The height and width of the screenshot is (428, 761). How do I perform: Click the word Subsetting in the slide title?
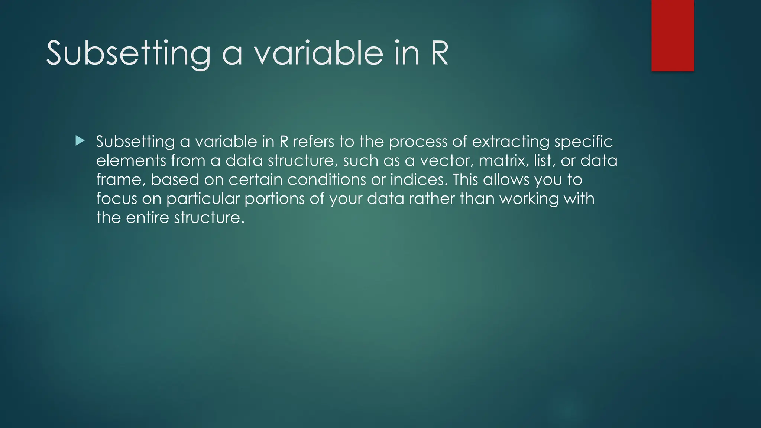[129, 54]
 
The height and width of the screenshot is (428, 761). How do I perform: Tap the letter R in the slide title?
[440, 54]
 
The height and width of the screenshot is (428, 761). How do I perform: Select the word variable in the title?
[318, 54]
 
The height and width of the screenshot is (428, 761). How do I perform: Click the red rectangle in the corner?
[673, 35]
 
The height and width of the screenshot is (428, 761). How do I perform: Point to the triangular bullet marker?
[80, 140]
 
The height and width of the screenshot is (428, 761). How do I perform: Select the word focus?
[117, 199]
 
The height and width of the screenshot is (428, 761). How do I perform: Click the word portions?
[275, 199]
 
